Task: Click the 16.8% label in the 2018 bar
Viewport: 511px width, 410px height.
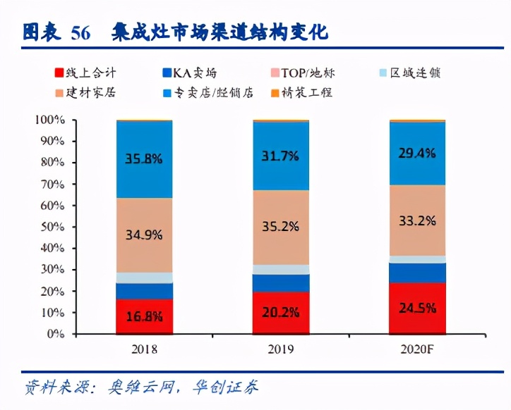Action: pos(144,316)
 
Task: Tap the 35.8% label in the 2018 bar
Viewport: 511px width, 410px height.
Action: pos(144,159)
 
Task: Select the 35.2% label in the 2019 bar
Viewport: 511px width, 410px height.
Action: pos(280,227)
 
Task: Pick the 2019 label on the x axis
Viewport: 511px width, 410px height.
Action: pos(281,349)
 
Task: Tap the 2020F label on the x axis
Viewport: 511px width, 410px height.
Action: pos(417,349)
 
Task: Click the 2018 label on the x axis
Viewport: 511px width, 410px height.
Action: pos(144,349)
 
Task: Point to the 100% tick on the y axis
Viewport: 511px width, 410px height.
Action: pos(50,120)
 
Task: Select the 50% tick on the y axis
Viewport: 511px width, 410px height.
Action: pos(53,227)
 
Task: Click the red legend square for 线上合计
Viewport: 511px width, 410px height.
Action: pos(59,72)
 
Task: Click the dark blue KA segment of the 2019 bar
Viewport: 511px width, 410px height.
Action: pos(280,282)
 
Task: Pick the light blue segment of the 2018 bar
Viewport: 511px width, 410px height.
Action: pos(144,278)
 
